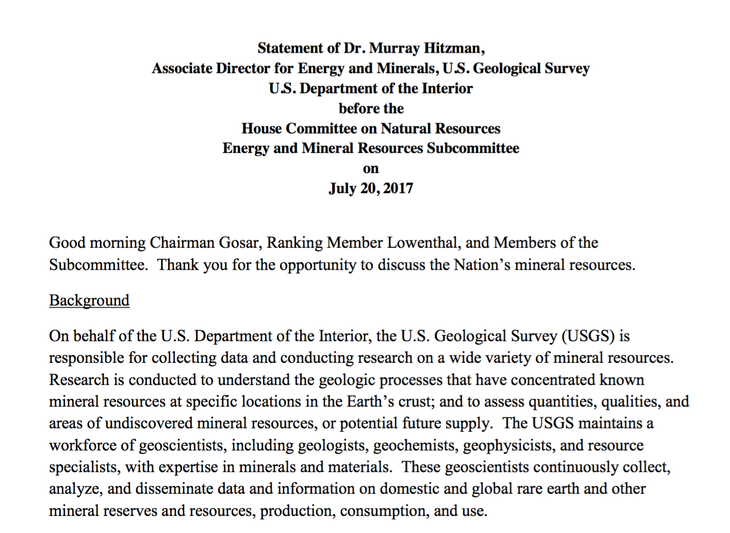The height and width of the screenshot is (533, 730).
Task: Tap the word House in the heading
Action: pos(261,128)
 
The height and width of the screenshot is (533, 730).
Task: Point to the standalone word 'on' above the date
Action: pos(371,169)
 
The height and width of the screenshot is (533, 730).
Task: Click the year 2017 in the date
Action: pos(398,188)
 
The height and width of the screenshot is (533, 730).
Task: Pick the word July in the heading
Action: pos(342,188)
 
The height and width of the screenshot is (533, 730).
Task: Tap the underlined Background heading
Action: pos(89,301)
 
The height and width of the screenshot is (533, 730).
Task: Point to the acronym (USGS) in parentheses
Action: pos(589,336)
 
